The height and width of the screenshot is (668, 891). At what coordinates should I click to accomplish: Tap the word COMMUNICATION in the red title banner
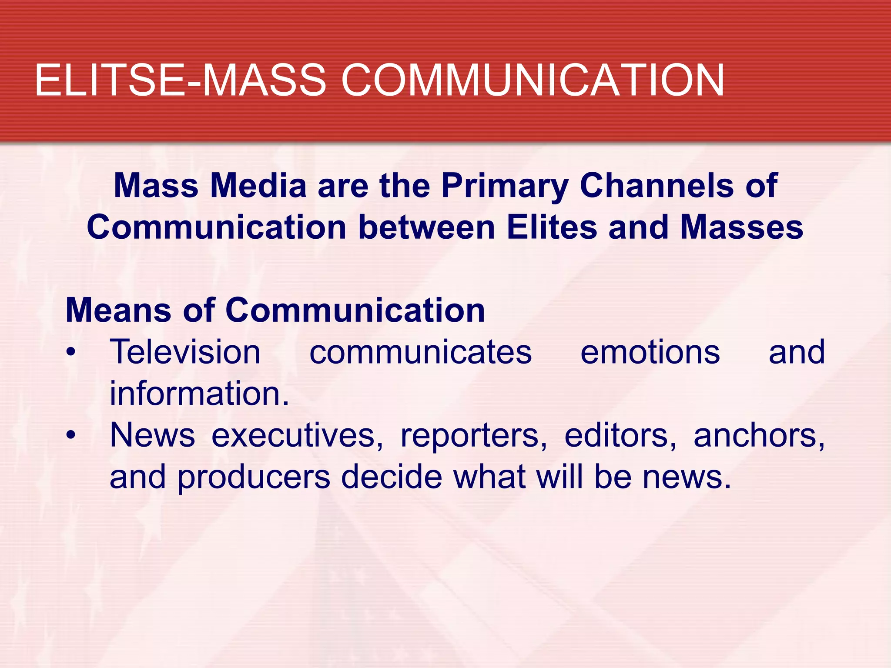pos(533,80)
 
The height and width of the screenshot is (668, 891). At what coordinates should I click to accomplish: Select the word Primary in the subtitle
pos(505,186)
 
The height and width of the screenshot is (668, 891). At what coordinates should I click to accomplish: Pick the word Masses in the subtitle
pos(741,227)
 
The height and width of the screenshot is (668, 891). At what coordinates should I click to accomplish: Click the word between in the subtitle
pos(427,227)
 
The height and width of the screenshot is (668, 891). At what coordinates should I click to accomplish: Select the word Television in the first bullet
pos(185,352)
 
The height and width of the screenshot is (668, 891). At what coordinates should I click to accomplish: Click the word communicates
pos(420,352)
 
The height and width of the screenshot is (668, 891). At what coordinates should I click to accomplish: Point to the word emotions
pos(650,352)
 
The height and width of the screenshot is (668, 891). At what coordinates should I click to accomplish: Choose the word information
pos(199,393)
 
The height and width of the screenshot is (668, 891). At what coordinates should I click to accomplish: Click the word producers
pos(254,478)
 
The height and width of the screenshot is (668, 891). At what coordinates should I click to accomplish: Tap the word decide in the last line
pos(392,477)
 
